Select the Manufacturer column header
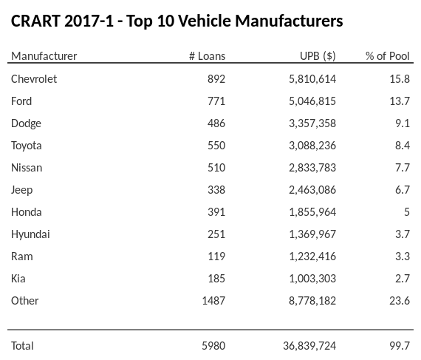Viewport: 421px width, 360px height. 44,56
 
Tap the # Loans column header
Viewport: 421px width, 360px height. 208,56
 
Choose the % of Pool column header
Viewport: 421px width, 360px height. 388,56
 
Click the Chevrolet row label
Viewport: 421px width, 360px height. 34,79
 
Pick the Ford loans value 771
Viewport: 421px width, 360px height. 216,101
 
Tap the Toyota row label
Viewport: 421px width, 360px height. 27,146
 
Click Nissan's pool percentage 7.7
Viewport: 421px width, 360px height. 402,168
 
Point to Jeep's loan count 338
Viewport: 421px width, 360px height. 216,190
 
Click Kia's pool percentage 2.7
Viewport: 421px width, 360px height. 402,279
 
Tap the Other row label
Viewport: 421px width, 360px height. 25,301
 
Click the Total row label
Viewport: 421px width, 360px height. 23,345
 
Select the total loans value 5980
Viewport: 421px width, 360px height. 213,345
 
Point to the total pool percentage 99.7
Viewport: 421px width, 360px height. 399,345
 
